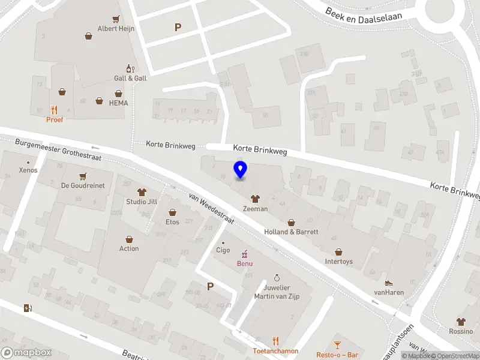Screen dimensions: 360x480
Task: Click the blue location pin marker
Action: (x=241, y=169)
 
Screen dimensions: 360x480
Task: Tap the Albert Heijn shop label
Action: (x=116, y=28)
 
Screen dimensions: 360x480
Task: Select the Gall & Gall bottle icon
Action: (x=129, y=68)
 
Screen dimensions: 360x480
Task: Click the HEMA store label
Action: (x=119, y=103)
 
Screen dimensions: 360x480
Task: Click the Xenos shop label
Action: (x=28, y=170)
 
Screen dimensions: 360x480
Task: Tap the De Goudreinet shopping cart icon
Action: (x=83, y=176)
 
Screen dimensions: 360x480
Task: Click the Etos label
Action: (x=173, y=222)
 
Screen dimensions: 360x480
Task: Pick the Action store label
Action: (x=129, y=248)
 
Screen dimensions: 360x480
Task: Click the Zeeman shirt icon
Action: (x=255, y=199)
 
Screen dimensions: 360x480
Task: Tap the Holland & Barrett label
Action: (x=291, y=232)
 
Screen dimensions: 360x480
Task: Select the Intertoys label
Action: (x=339, y=262)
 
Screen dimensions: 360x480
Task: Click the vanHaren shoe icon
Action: (x=389, y=283)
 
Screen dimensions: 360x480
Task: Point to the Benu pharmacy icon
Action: (x=244, y=254)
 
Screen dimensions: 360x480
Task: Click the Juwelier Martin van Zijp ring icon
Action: (x=277, y=278)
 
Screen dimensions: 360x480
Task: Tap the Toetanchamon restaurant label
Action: (x=275, y=351)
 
